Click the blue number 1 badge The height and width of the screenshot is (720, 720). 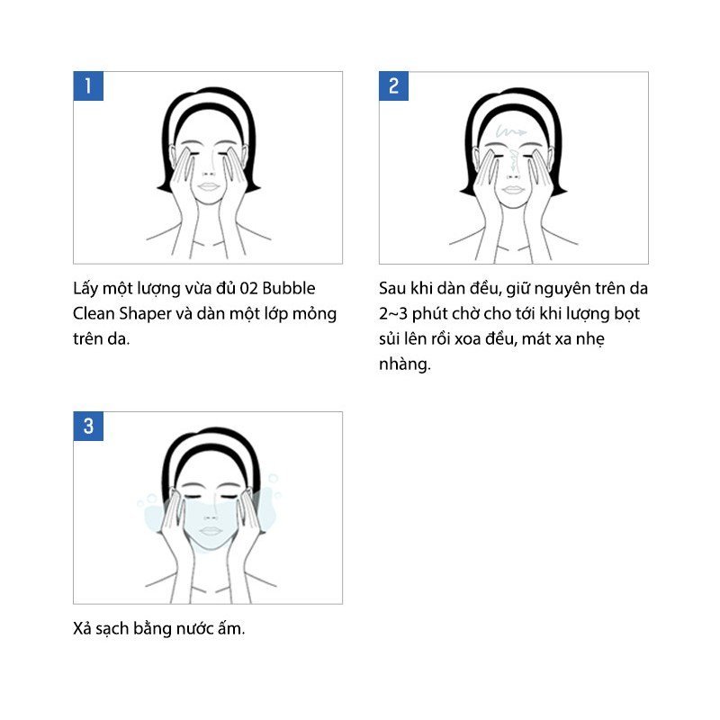[x=88, y=85]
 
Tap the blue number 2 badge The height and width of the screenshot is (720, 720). [x=393, y=85]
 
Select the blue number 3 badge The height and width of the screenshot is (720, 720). [x=88, y=426]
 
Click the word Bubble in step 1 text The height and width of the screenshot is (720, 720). [x=289, y=288]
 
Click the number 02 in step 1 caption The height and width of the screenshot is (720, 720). [x=248, y=288]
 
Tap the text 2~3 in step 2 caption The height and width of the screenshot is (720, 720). [x=393, y=314]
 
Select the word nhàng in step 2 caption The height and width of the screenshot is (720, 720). [x=404, y=364]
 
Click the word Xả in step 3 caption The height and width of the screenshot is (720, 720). [x=82, y=628]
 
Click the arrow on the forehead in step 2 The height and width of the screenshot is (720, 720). [x=510, y=132]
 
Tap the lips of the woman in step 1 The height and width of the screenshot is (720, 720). [x=209, y=186]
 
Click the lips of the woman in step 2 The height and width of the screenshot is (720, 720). [x=512, y=190]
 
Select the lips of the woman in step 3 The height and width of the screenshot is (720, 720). [x=211, y=531]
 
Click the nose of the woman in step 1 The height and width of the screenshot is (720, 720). [x=209, y=173]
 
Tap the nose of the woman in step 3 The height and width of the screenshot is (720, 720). [x=211, y=517]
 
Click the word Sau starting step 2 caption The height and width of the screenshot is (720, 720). [x=392, y=288]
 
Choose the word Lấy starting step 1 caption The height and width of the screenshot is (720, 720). [x=85, y=288]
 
